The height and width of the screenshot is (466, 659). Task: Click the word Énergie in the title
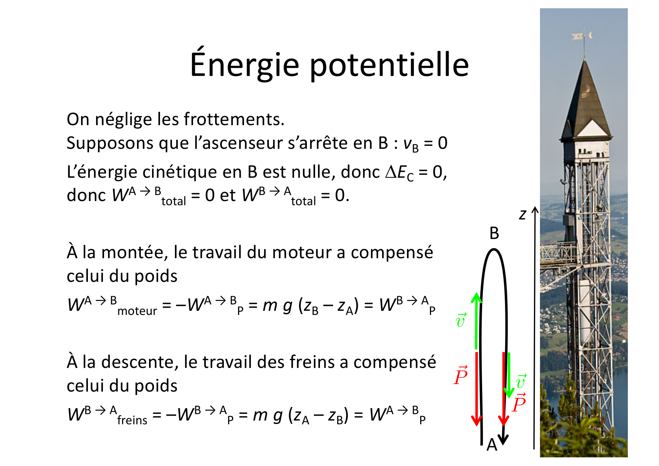tap(244, 65)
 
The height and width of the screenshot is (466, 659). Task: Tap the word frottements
tap(234, 120)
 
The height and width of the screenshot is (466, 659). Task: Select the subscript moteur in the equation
tap(137, 311)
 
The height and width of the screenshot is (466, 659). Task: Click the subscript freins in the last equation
tap(132, 420)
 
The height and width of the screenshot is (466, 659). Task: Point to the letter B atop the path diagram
tap(494, 233)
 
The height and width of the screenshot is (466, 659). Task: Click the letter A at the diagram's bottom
tap(492, 445)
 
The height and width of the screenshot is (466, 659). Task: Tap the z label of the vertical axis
tap(523, 215)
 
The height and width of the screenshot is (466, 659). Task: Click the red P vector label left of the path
tap(461, 375)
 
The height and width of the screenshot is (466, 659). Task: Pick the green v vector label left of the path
tap(461, 320)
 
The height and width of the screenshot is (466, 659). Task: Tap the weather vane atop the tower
tap(582, 36)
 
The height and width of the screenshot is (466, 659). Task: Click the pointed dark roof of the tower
tap(584, 98)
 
